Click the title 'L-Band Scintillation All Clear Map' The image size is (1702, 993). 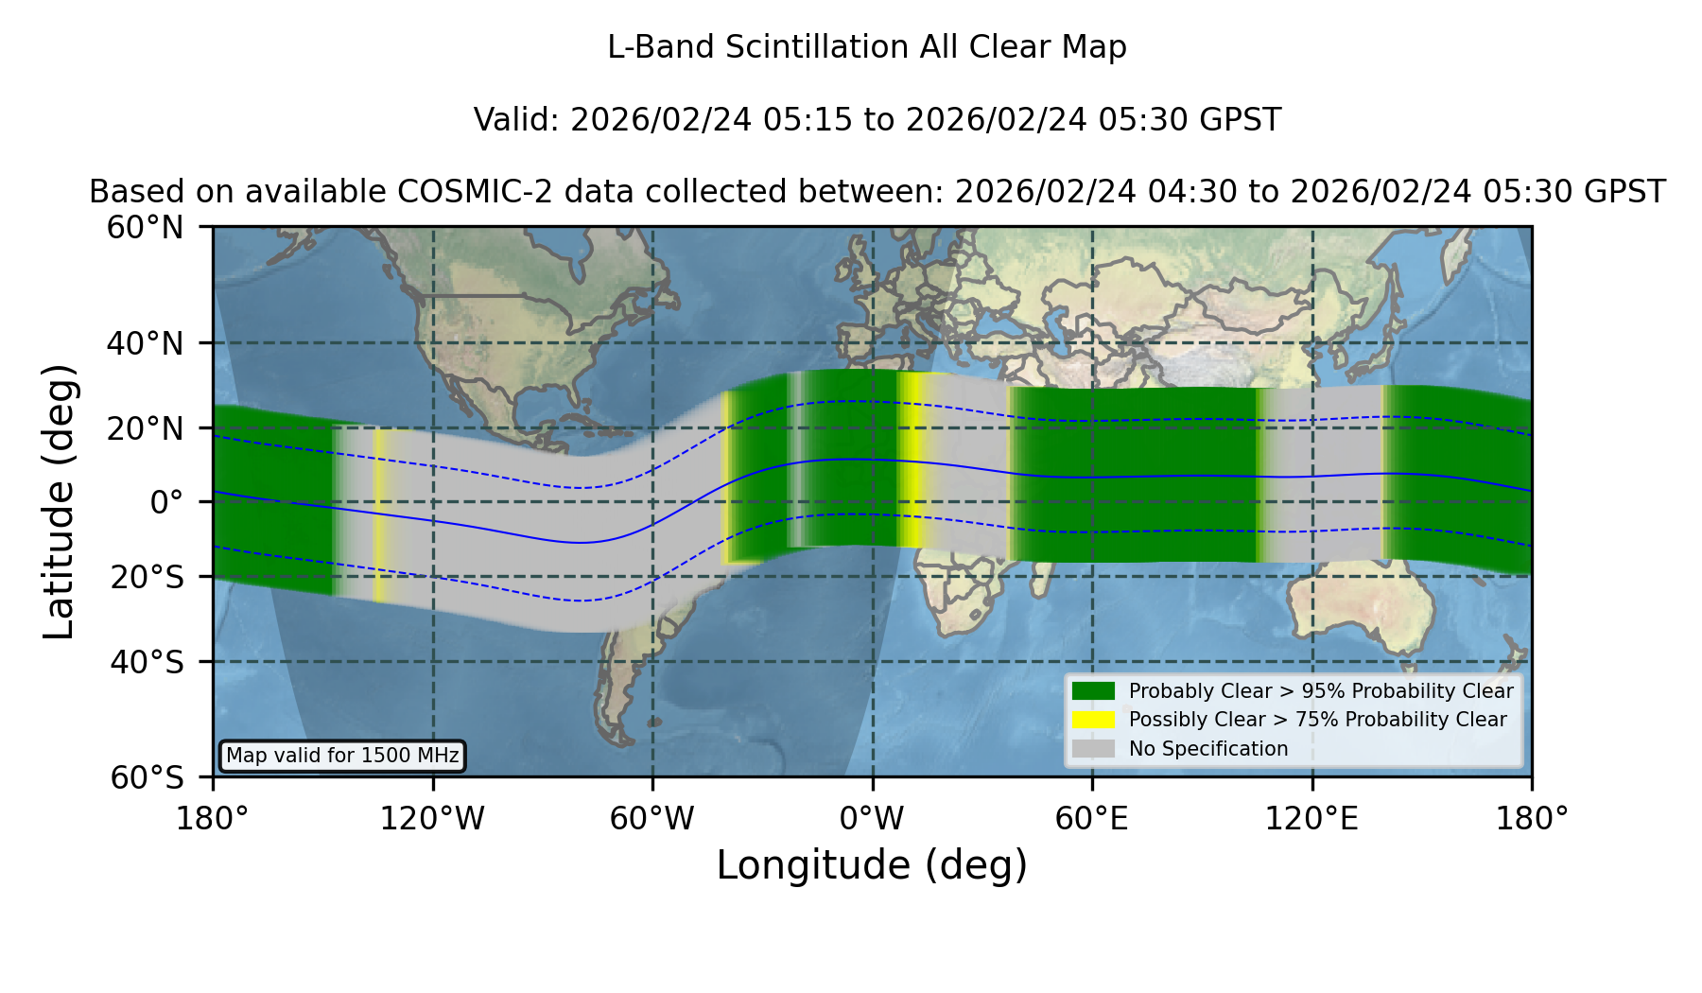(x=867, y=47)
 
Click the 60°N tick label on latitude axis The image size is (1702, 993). (x=146, y=227)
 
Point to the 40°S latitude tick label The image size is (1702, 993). (x=147, y=662)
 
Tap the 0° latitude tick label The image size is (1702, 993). (x=166, y=501)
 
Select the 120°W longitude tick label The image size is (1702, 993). (x=432, y=819)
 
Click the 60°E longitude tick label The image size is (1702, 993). (x=1092, y=819)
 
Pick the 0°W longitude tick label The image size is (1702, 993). (x=872, y=819)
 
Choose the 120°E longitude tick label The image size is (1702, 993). (x=1311, y=819)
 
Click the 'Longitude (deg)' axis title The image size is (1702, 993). (x=872, y=866)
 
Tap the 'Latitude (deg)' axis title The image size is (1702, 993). (x=59, y=501)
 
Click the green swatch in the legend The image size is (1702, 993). (x=1094, y=691)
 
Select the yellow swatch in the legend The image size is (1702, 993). (x=1094, y=720)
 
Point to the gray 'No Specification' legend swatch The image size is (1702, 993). (x=1094, y=749)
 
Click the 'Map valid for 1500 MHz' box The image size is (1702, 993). (x=342, y=756)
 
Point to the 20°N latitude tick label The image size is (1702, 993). (x=146, y=427)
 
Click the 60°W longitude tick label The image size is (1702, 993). (x=652, y=819)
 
